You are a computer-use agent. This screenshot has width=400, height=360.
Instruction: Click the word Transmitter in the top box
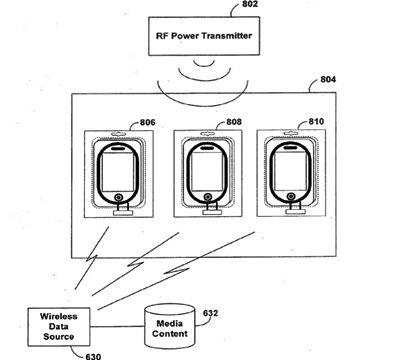[222, 37]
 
